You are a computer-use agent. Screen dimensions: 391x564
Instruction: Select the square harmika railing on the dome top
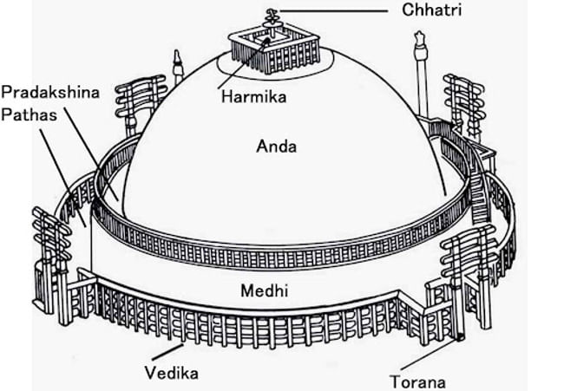click(x=279, y=52)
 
